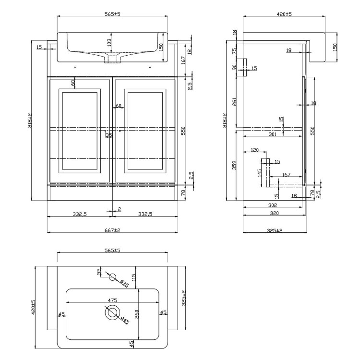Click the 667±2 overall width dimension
[112, 230]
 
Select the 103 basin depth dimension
[109, 42]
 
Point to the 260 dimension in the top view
[136, 314]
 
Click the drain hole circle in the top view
[112, 313]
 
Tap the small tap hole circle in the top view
[112, 276]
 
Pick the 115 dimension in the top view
[134, 277]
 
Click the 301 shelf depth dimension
[272, 135]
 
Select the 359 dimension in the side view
[235, 165]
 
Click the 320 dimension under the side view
[274, 212]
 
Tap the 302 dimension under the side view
[273, 204]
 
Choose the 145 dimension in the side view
[260, 171]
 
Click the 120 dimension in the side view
[254, 150]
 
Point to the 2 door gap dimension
[119, 208]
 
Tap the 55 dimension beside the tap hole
[99, 272]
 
